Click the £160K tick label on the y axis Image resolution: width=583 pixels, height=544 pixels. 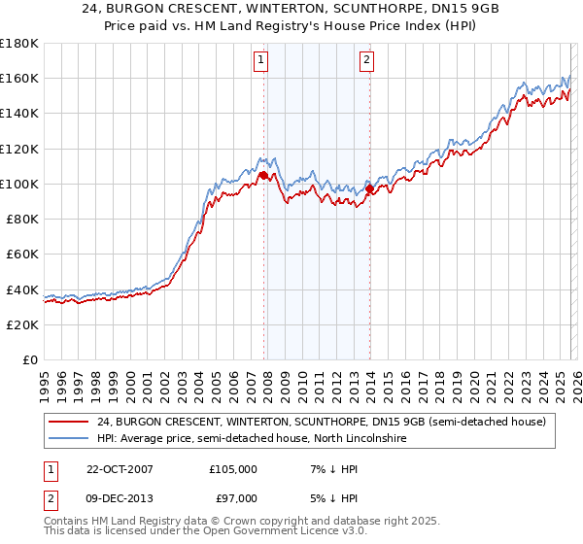click(x=19, y=78)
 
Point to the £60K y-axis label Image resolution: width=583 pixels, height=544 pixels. click(x=22, y=254)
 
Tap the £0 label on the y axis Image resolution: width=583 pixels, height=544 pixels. click(x=29, y=359)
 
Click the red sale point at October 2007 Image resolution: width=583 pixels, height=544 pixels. click(x=263, y=175)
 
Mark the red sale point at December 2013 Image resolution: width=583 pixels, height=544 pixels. click(x=369, y=189)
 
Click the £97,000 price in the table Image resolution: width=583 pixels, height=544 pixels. click(x=232, y=497)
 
